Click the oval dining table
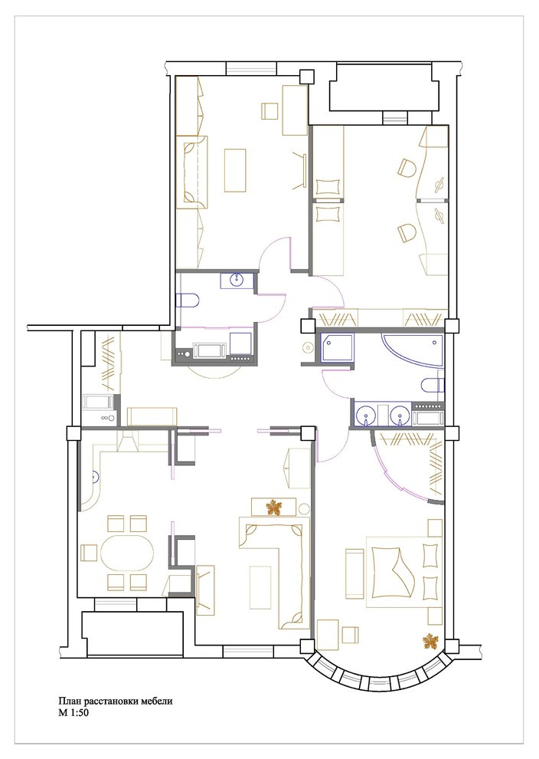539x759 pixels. [128, 553]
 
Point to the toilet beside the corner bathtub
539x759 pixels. [432, 386]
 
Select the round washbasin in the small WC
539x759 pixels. [237, 281]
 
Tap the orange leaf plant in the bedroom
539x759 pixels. [428, 642]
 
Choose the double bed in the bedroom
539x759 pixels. [404, 571]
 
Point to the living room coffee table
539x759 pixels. [260, 587]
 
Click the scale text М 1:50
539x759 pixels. [73, 713]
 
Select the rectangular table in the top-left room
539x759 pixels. [235, 170]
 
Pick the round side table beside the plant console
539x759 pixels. [304, 509]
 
